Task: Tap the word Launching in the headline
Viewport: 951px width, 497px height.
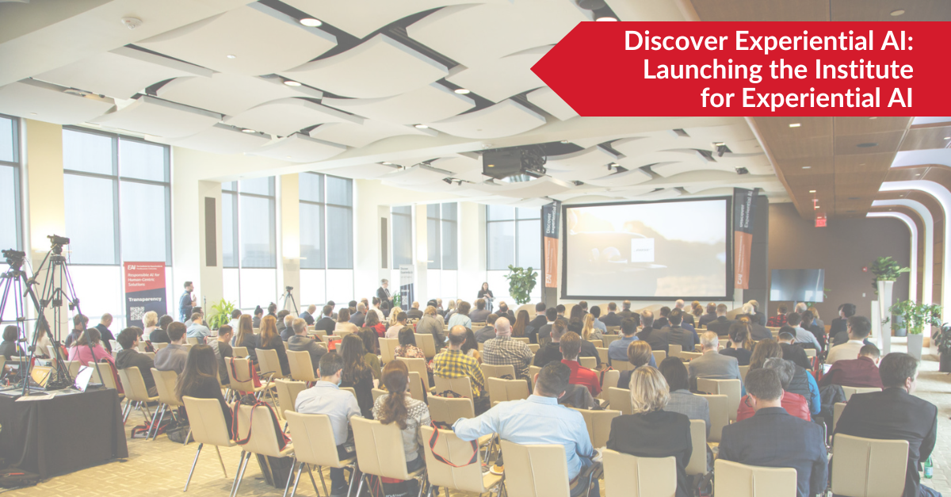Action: (689, 71)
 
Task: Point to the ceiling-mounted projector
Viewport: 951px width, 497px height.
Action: (514, 162)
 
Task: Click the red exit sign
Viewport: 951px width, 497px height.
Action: (820, 220)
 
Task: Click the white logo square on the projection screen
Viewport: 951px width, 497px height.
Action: (641, 249)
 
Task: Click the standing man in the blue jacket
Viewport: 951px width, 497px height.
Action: (187, 301)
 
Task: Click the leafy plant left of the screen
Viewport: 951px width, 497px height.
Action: (521, 283)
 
